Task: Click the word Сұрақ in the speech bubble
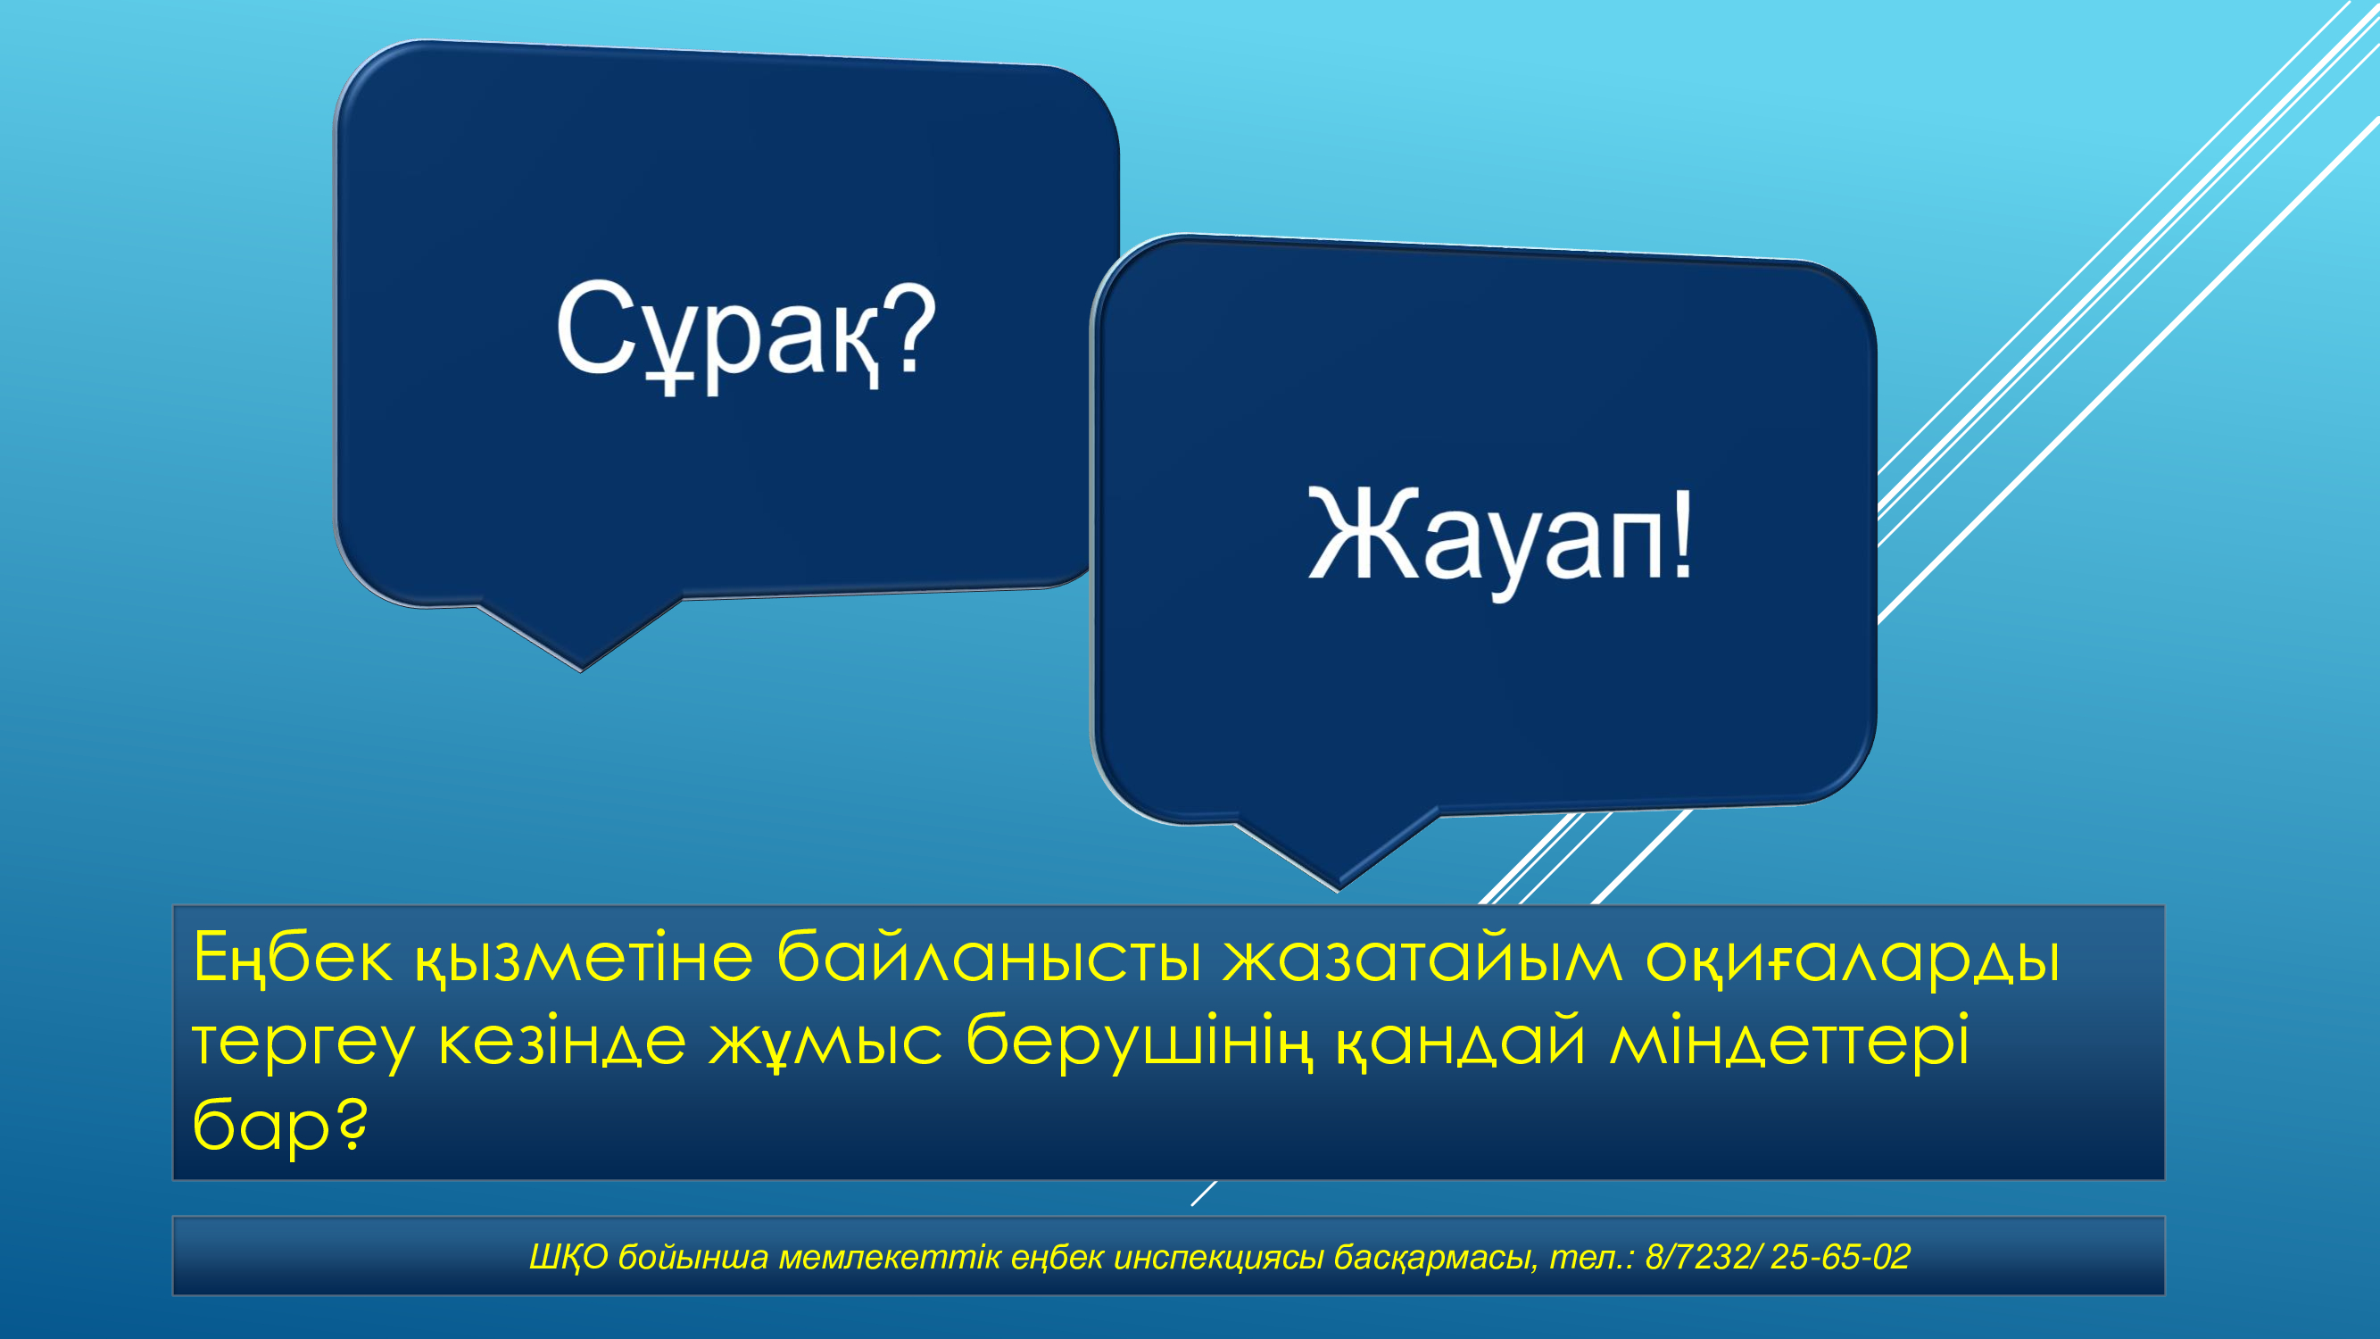click(x=716, y=333)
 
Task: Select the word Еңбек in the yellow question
click(x=293, y=958)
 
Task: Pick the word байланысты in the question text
click(x=989, y=958)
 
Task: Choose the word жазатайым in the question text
click(x=1422, y=958)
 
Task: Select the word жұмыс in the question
click(x=825, y=1043)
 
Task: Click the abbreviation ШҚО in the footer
click(x=568, y=1258)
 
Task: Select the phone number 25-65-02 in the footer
click(x=1840, y=1257)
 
